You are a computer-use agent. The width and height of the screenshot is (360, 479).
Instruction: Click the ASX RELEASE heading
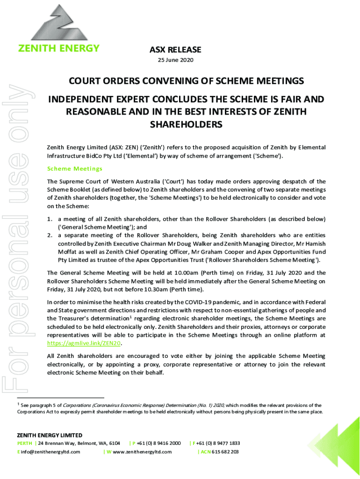tap(175, 50)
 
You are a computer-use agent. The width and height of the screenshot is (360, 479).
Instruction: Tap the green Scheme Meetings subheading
tap(75, 168)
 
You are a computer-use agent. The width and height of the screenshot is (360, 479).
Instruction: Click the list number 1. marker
tap(50, 219)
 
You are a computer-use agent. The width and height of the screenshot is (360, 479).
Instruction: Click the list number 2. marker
tap(50, 227)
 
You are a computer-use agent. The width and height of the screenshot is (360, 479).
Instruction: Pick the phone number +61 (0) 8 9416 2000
tap(158, 443)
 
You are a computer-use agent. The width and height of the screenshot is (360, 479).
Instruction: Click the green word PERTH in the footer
tap(25, 443)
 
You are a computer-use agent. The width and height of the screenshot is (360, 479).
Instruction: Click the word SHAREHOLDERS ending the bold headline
tap(186, 125)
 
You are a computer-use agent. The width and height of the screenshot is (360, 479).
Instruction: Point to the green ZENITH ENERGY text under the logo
tap(58, 48)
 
